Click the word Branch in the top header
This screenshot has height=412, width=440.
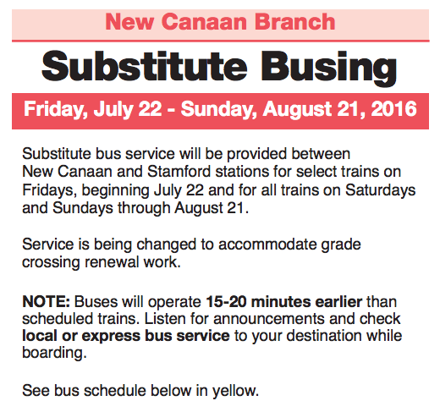tap(294, 22)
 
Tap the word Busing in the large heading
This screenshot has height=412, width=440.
tap(328, 68)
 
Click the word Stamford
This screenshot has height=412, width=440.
tap(179, 172)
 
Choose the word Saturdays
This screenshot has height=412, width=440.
tap(380, 190)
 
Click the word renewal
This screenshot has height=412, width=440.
tap(112, 262)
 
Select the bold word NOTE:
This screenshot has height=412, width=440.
tap(46, 302)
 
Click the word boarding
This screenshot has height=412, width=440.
tap(54, 354)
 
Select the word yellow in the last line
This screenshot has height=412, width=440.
tap(235, 391)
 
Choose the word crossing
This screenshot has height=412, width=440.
tap(51, 263)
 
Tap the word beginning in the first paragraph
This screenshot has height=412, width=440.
tap(116, 190)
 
